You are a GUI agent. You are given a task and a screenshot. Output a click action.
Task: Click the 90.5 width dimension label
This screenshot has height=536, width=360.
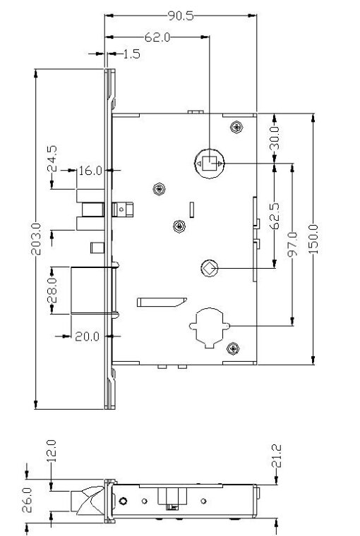coord(181,16)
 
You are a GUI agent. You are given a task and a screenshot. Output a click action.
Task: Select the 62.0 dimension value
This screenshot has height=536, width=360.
coord(157,37)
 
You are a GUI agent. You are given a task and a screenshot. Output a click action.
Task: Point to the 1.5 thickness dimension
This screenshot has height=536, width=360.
coord(131,54)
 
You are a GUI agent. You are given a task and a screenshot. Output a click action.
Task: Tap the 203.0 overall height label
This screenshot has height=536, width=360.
coord(36,239)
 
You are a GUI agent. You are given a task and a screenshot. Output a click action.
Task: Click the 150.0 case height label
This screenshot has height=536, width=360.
coord(313,239)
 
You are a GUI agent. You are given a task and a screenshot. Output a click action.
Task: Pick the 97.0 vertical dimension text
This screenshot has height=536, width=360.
coord(292,244)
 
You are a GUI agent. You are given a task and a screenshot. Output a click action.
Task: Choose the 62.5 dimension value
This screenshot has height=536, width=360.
coord(275,216)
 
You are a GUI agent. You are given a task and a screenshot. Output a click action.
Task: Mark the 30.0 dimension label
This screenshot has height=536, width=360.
coord(275,138)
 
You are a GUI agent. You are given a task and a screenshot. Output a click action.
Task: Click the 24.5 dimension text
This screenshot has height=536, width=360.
coord(52,159)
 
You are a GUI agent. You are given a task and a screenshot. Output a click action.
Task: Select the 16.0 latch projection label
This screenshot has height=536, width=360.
coord(90,171)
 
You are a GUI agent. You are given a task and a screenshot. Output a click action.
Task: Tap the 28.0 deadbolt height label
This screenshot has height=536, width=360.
coord(52,291)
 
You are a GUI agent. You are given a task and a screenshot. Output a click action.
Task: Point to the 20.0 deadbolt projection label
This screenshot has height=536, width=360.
coord(88,336)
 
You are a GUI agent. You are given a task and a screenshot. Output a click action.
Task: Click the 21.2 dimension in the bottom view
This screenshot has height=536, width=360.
coord(276,456)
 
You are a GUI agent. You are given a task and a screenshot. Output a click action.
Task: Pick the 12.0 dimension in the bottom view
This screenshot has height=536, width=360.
coord(51,451)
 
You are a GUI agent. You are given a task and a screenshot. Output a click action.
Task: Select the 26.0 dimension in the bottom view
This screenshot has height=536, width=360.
coord(27,500)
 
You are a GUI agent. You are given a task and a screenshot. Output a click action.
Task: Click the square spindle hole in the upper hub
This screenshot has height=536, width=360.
coord(209,164)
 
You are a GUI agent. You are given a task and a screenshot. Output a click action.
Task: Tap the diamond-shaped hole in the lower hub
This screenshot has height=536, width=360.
coord(210,268)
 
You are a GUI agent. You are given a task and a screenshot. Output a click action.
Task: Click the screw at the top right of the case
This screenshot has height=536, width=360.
coord(236,127)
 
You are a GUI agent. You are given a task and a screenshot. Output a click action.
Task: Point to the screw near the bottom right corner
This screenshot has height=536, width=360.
coord(233,348)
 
